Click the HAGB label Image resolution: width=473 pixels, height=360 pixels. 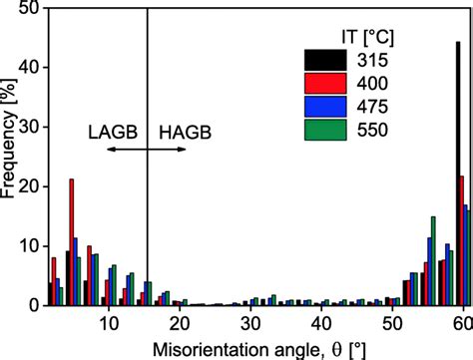(186, 131)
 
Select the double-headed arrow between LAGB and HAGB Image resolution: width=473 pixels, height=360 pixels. (146, 149)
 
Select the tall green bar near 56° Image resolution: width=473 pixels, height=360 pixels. (433, 261)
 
